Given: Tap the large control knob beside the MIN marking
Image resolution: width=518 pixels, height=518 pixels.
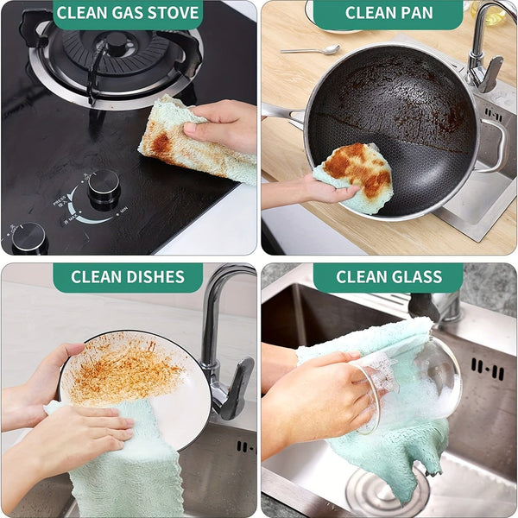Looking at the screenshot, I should click(104, 187).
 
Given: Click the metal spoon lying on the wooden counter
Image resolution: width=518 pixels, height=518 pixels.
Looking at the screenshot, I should click(311, 50).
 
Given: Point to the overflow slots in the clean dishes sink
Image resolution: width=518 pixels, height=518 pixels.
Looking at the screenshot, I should click(245, 446).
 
